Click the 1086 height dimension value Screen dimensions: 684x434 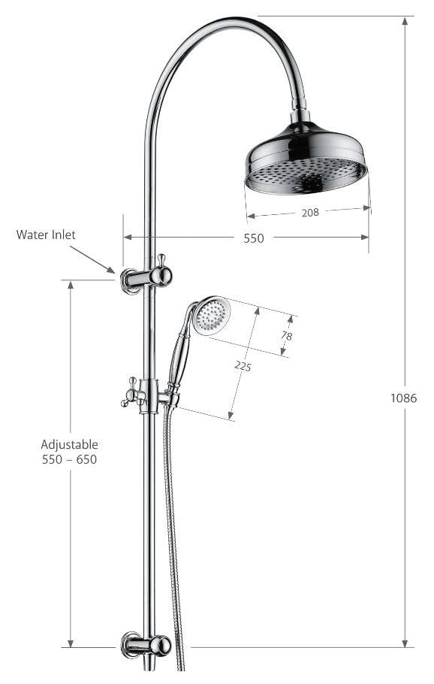click(404, 398)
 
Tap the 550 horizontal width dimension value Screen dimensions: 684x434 click(254, 238)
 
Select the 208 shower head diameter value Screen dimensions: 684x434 click(310, 213)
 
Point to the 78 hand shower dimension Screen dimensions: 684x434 click(287, 336)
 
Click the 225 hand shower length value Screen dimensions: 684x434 click(243, 366)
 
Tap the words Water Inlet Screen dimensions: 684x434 click(46, 235)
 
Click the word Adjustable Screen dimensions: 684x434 click(69, 444)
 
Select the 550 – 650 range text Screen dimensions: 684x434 click(69, 459)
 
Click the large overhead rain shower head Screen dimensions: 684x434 click(306, 162)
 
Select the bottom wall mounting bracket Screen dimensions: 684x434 click(147, 644)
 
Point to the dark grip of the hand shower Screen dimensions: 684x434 click(179, 359)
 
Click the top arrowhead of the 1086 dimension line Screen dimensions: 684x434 click(405, 21)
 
